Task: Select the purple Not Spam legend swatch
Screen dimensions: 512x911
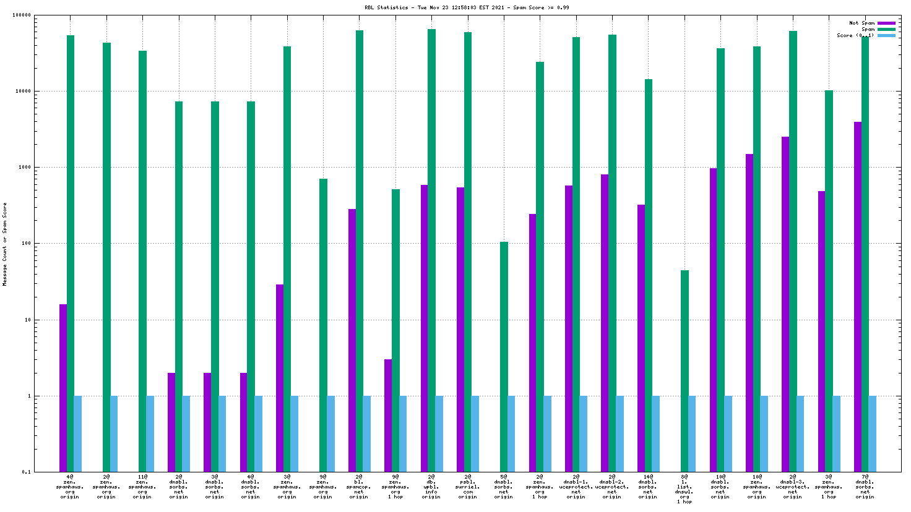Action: [886, 23]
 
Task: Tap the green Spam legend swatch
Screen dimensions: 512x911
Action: [886, 30]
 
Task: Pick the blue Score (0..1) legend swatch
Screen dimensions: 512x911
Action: [886, 36]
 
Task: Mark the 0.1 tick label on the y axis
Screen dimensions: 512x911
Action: [26, 472]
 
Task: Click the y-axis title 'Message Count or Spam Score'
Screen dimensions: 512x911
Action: [5, 244]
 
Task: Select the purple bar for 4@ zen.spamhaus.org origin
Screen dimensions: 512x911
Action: [63, 388]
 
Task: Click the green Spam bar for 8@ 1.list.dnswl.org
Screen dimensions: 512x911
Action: [684, 371]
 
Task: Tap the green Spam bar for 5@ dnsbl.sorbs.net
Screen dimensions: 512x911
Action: [504, 357]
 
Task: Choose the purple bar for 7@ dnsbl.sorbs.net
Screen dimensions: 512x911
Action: [858, 297]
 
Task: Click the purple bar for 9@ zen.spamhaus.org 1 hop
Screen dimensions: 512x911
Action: [388, 416]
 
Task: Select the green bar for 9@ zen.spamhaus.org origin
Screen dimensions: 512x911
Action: [323, 325]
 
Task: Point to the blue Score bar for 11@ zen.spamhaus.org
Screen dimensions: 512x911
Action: [150, 433]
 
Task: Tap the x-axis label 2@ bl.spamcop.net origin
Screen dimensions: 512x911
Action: [359, 487]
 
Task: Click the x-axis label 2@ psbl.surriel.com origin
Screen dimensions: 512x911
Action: [468, 487]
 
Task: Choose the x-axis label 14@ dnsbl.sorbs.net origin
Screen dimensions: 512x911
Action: [648, 487]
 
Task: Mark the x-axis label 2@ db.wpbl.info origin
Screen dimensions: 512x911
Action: [431, 487]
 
